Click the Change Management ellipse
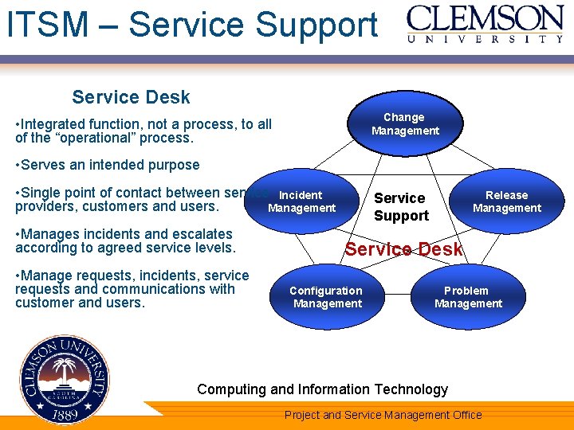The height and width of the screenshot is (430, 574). point(405,125)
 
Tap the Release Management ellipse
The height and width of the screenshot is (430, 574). point(506,201)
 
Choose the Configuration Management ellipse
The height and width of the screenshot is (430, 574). point(326,297)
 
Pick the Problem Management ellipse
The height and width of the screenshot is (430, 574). point(468,297)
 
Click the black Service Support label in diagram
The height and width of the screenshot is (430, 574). point(401,207)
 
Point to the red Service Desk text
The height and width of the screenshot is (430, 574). point(403,249)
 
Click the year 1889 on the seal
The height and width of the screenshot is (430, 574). point(66,414)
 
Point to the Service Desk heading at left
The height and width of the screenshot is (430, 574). point(131,97)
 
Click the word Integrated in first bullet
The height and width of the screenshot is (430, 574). point(55,124)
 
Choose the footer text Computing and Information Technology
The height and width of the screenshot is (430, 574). point(322,389)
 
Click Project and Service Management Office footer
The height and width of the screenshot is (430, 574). point(383,415)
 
